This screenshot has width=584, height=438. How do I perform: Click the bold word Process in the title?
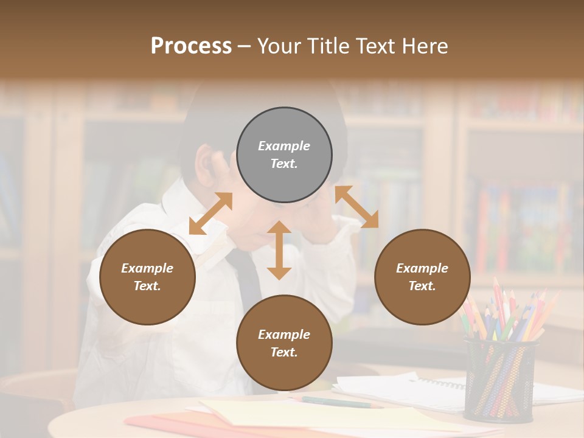point(191,46)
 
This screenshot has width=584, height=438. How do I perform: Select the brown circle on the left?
point(147,277)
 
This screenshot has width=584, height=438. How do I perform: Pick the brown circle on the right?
point(422,277)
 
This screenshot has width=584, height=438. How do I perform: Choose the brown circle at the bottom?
point(284,343)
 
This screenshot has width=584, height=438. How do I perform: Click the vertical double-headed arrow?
point(279,250)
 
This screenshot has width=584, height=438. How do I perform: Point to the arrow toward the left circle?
point(210,214)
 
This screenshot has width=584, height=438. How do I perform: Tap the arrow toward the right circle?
point(357,207)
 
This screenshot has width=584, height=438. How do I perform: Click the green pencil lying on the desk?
point(341,401)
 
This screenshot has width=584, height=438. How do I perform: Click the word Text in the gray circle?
point(283,164)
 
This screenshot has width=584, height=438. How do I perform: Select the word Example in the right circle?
point(422,268)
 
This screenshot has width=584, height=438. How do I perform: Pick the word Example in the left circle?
point(147,268)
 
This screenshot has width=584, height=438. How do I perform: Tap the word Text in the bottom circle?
point(283,352)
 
